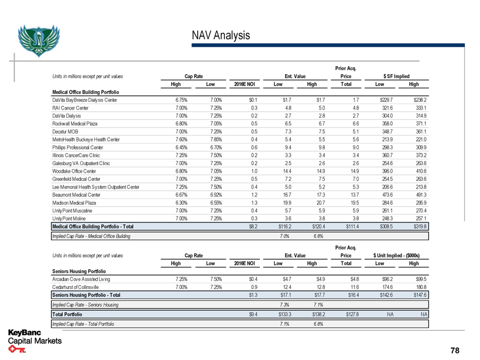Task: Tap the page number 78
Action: [x=455, y=350]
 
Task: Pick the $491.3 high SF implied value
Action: [x=420, y=193]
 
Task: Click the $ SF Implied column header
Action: [x=396, y=76]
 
